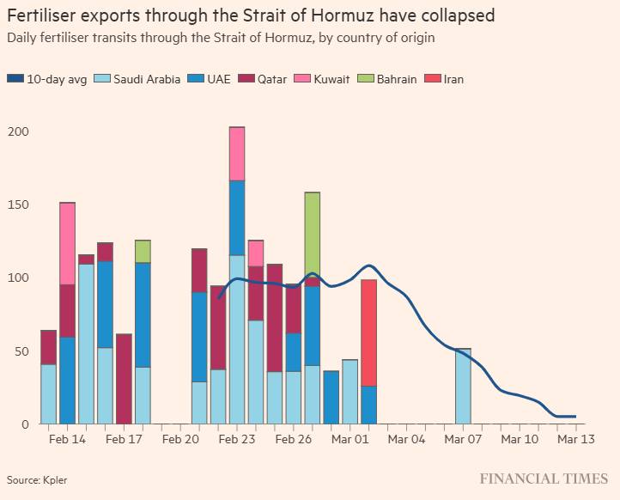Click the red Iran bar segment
pyautogui.click(x=369, y=332)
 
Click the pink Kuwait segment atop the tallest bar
pyautogui.click(x=237, y=154)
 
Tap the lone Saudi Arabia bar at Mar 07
pyautogui.click(x=463, y=386)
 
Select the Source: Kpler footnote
pyautogui.click(x=37, y=479)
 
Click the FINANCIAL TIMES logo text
pyautogui.click(x=544, y=479)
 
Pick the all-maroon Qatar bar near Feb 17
pyautogui.click(x=124, y=378)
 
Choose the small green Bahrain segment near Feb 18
pyautogui.click(x=143, y=251)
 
